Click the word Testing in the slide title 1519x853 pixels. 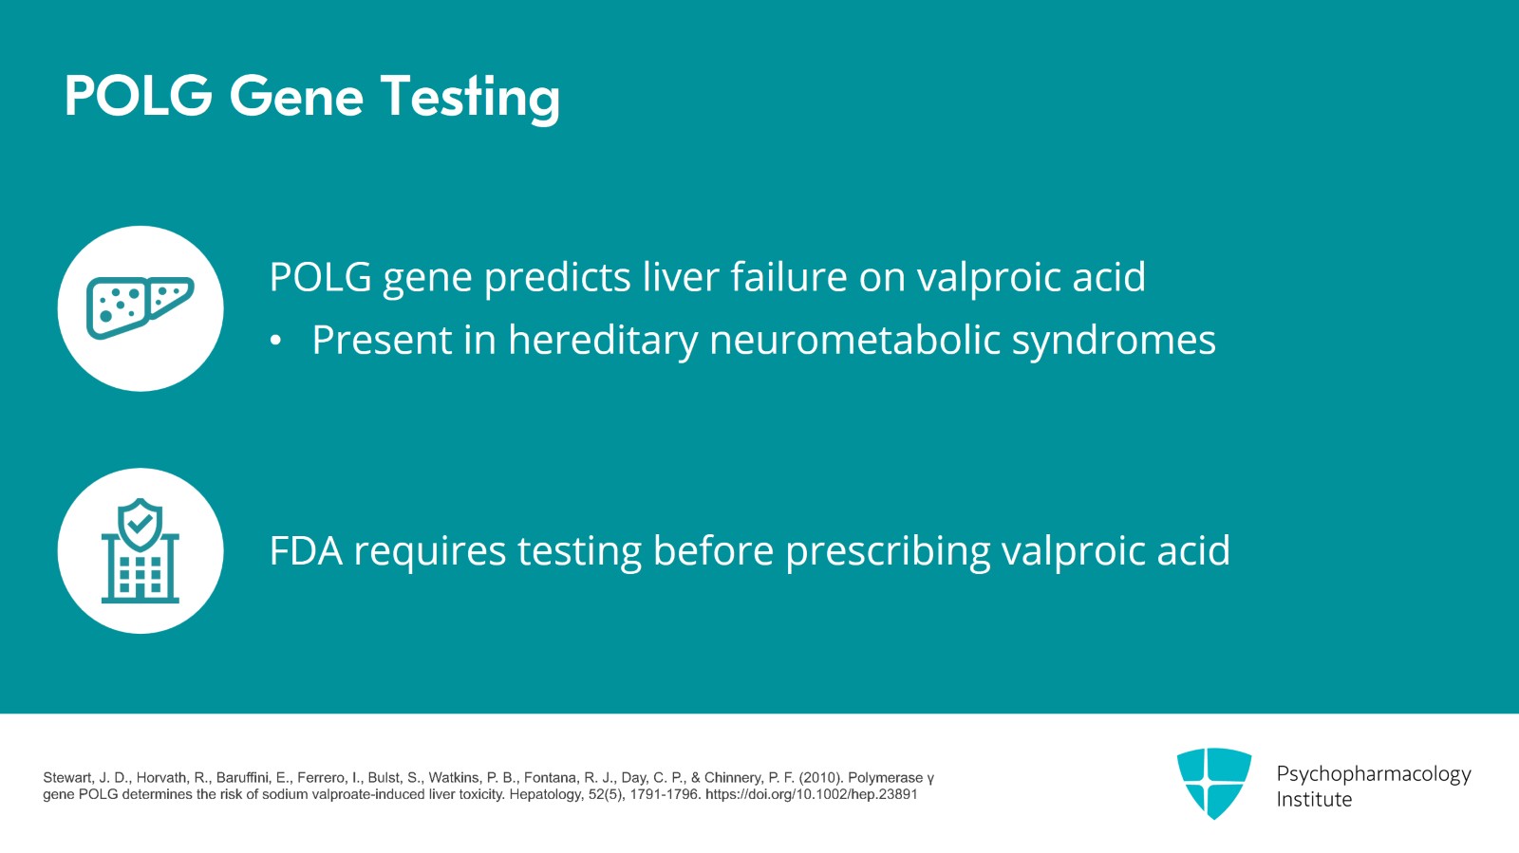coord(471,98)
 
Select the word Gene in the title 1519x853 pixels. coord(297,96)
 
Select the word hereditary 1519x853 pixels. coord(603,340)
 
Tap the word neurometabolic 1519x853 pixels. coord(854,339)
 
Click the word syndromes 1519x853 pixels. coord(1114,340)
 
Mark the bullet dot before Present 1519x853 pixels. coord(275,341)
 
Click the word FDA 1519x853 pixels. coord(306,549)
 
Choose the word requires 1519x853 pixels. coord(430,551)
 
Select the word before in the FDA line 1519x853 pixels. coord(713,549)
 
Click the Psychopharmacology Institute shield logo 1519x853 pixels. coord(1214,783)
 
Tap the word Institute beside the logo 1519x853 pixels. coord(1314,800)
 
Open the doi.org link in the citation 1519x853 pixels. coord(811,794)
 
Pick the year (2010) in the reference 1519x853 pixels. coord(821,778)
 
